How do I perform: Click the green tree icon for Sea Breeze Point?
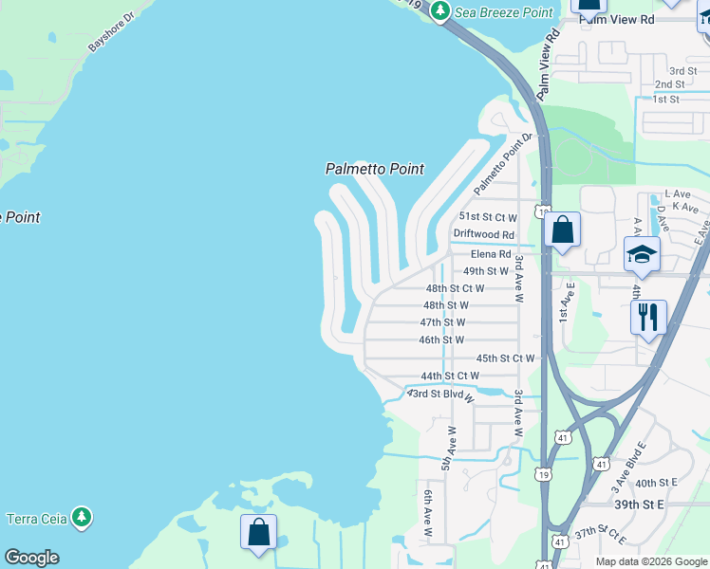439,10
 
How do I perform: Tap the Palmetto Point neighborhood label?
374,169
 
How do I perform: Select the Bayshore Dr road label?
112,31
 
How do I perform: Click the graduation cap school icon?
642,254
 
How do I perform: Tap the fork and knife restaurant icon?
648,317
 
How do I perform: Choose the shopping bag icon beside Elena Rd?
562,229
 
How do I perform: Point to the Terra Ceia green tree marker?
83,517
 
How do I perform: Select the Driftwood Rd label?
483,234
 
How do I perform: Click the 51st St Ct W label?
488,217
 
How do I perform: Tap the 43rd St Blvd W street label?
440,395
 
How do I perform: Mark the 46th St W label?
441,340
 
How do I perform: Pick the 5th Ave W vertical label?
449,449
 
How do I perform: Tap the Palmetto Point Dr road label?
498,165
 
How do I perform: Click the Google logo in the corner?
31,558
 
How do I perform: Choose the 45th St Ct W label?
506,358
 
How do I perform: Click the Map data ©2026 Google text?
652,561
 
